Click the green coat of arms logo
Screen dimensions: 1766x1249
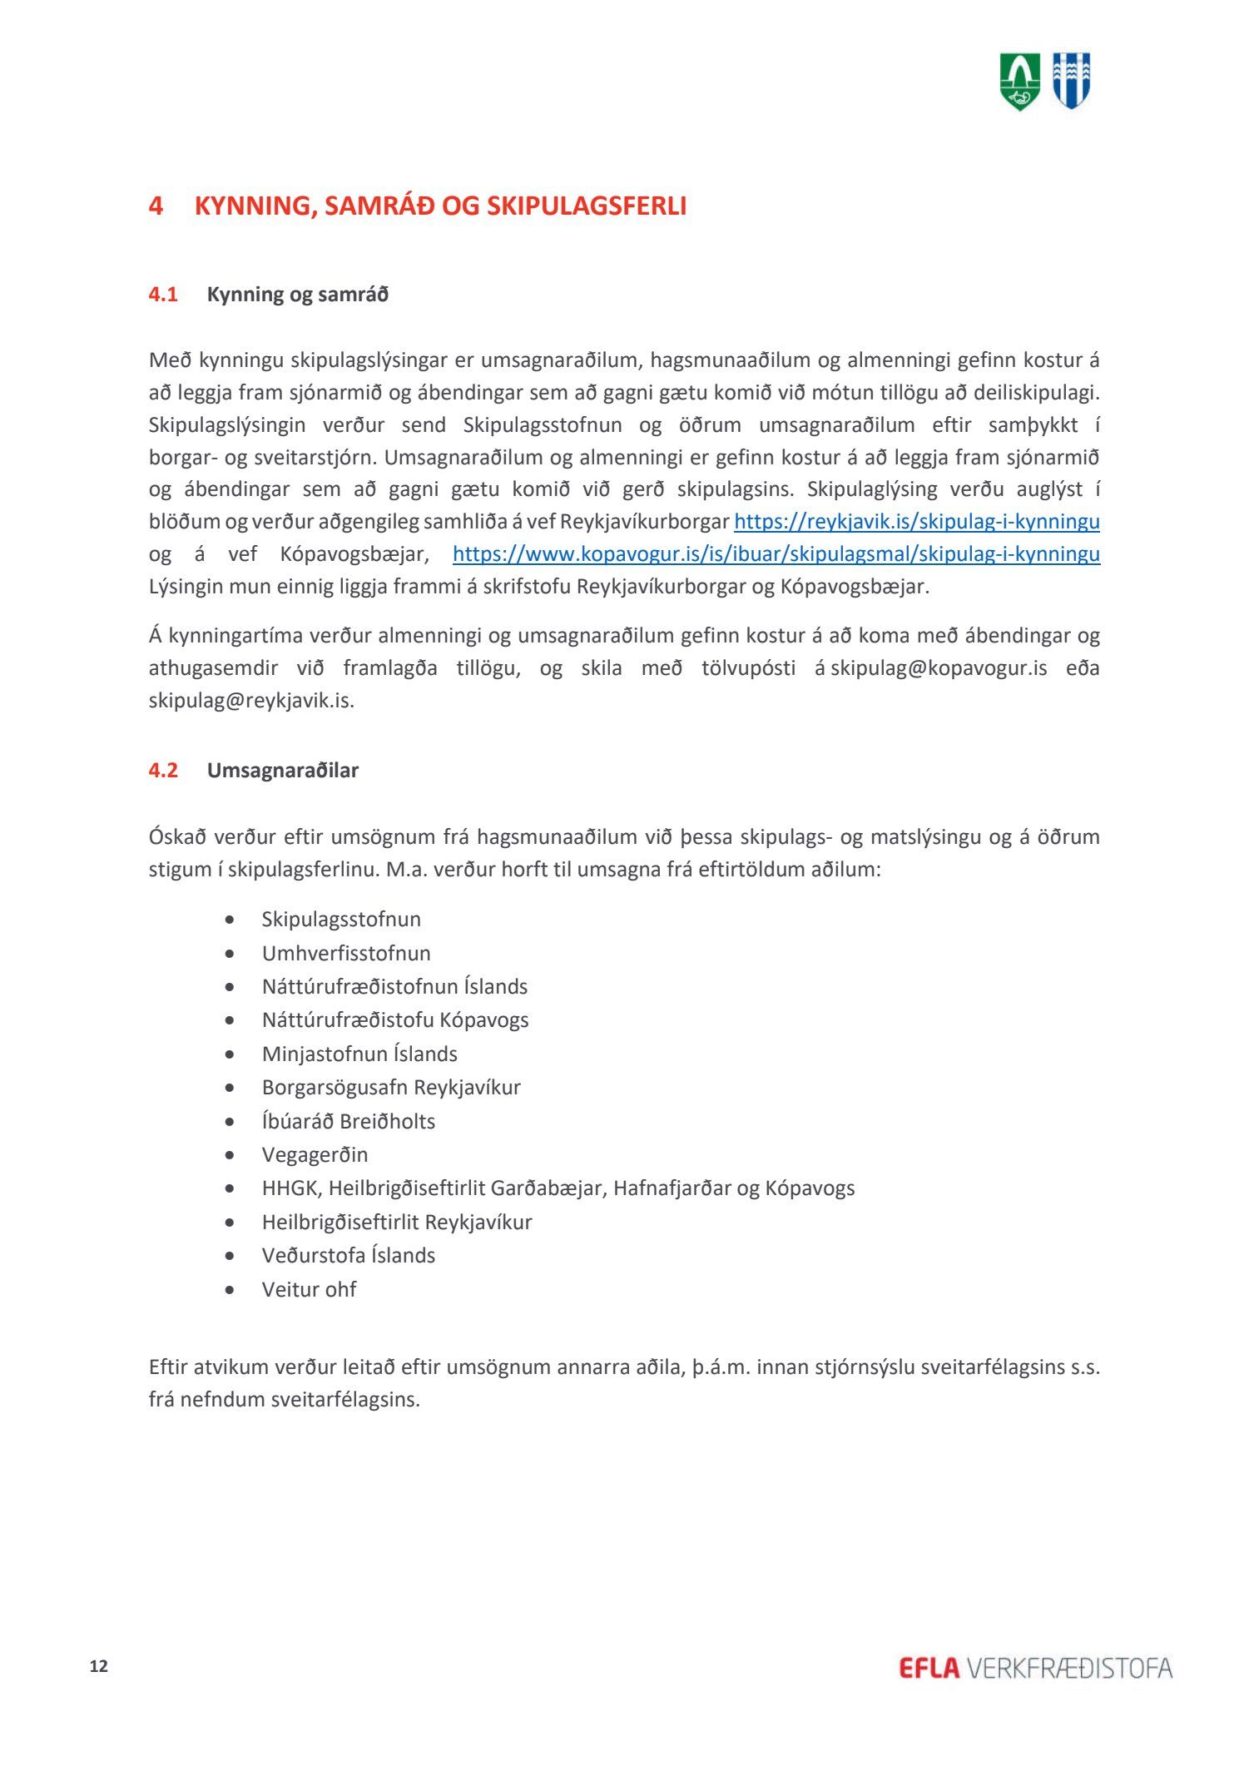1019,81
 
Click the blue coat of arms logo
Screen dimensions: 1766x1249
1071,80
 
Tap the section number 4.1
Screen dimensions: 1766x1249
163,295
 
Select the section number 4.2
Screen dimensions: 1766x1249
163,770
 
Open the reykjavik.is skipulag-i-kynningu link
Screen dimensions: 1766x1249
916,522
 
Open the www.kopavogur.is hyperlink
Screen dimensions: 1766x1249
776,554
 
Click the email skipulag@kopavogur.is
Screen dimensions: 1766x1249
939,668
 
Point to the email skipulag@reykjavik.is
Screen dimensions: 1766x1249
250,701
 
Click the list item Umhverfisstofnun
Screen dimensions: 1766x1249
346,953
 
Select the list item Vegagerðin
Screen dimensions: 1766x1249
315,1154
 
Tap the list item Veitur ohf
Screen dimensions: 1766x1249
309,1289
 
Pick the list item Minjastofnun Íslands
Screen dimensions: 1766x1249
359,1054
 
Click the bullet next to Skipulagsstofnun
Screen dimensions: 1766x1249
230,920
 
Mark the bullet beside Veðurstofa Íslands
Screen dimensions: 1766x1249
230,1256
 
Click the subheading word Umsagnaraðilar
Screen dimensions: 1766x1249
282,770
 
